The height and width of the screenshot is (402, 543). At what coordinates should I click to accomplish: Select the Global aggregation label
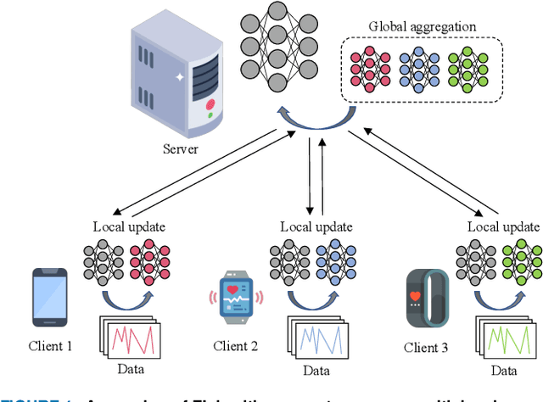pos(422,26)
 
